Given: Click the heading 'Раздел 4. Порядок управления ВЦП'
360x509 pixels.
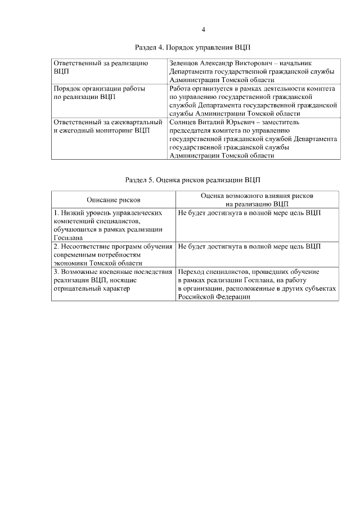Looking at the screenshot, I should pyautogui.click(x=196, y=47).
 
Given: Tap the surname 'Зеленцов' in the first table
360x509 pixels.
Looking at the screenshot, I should pyautogui.click(x=184, y=64).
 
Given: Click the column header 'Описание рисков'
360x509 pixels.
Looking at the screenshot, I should pyautogui.click(x=114, y=200).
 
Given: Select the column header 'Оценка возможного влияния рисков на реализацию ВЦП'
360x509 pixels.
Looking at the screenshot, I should pyautogui.click(x=257, y=200).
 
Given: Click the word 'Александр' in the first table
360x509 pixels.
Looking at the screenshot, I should pyautogui.click(x=223, y=64).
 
